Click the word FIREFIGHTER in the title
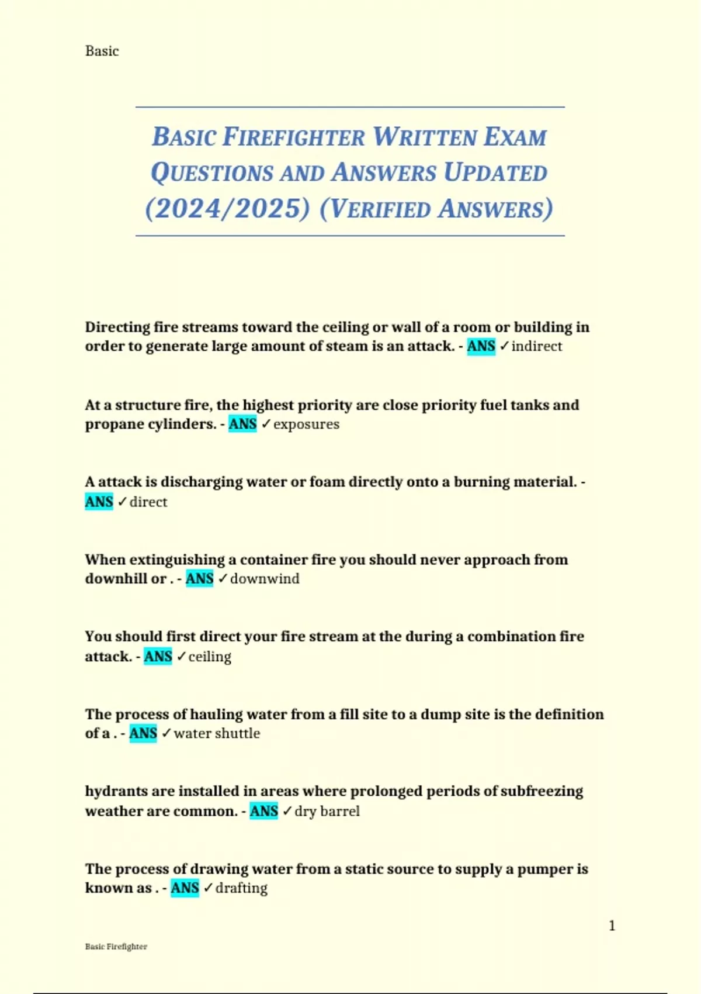coord(294,137)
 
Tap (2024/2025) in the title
coord(227,209)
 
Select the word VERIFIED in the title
coord(380,209)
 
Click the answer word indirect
coord(537,346)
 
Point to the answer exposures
coord(306,424)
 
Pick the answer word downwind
coord(265,579)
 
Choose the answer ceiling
coord(210,657)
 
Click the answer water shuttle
coord(217,733)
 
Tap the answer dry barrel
coord(327,811)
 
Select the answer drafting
coord(241,888)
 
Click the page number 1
coord(612,926)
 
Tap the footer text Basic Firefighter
coord(116,947)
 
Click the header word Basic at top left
coord(102,51)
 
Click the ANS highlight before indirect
coord(481,346)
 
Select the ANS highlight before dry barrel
coord(263,811)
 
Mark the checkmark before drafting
coord(208,888)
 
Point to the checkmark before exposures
coord(266,424)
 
